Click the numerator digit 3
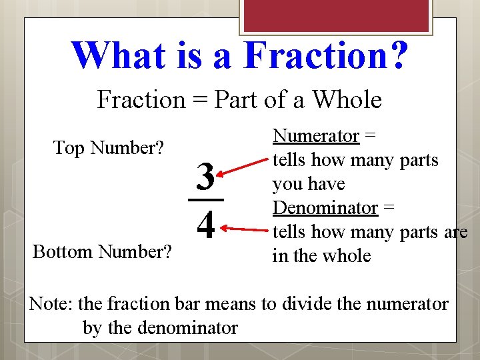coord(205,177)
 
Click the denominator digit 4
coord(206,227)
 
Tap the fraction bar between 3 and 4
coord(205,199)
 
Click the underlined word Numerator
coord(317,136)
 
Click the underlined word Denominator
coord(325,208)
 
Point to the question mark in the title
coord(397,55)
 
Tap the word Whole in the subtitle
coord(347,100)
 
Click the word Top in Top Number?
coord(68,148)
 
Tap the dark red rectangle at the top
coord(335,15)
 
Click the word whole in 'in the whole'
coord(347,256)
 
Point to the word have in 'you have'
coord(327,184)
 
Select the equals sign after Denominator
coord(389,208)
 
